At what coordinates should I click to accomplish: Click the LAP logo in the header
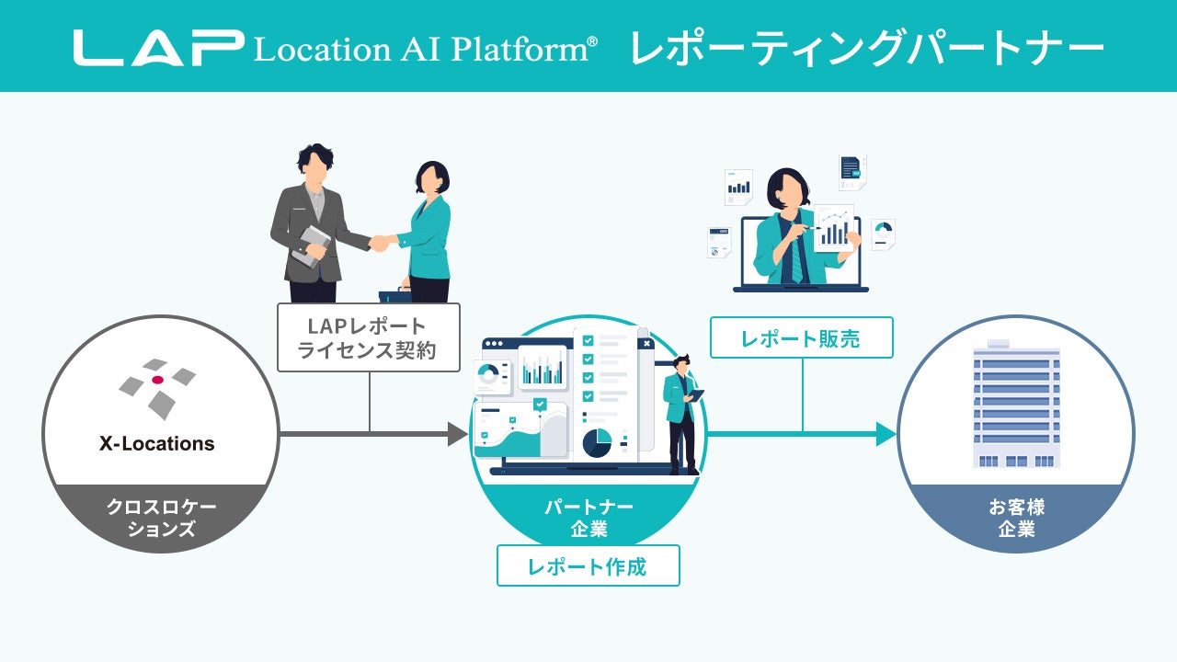(x=158, y=48)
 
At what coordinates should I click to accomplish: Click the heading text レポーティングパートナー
(x=866, y=48)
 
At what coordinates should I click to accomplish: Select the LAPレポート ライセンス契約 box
(x=368, y=338)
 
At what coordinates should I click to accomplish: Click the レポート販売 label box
(x=801, y=337)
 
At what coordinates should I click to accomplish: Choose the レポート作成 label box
(x=588, y=565)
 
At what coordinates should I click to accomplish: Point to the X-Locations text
(x=157, y=444)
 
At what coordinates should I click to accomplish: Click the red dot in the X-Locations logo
(x=157, y=380)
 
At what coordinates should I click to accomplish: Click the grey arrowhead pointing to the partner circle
(x=458, y=433)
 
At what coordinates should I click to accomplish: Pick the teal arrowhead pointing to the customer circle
(x=886, y=434)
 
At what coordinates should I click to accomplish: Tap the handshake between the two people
(x=379, y=243)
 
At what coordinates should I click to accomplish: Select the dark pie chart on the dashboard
(x=597, y=442)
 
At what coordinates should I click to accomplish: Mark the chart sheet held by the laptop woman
(x=833, y=227)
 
